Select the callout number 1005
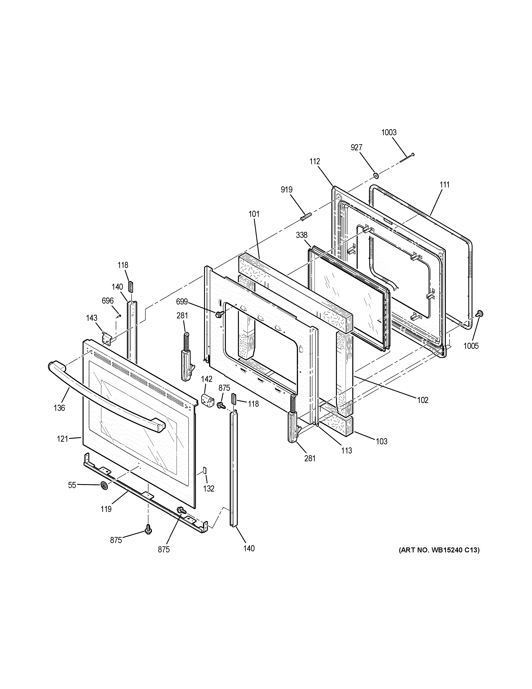(471, 346)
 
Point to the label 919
(286, 190)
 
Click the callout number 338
(302, 235)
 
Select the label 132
(209, 489)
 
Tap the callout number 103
(381, 441)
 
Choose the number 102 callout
(423, 400)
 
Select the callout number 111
(444, 185)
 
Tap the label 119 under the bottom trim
(106, 509)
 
